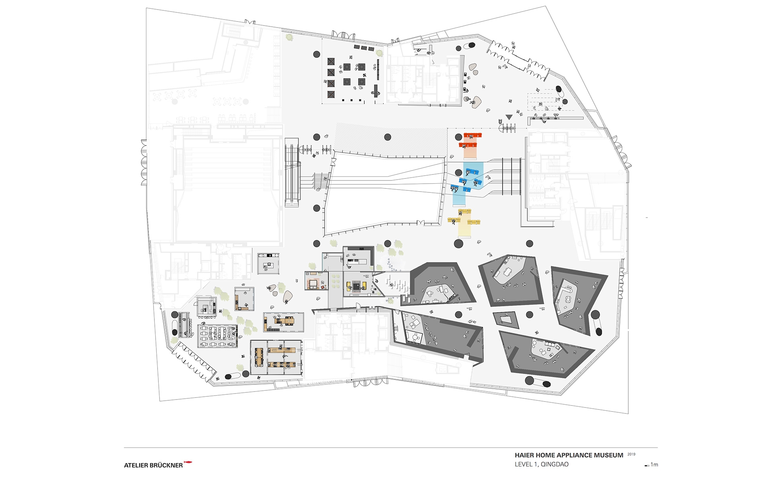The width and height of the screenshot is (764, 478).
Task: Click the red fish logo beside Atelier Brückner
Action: [x=188, y=462]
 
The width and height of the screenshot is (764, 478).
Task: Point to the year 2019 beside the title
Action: [x=631, y=454]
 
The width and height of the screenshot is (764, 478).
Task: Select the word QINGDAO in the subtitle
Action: [x=555, y=464]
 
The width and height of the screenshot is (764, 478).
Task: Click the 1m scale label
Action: [x=655, y=465]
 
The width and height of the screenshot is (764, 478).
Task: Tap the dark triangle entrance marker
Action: [x=509, y=117]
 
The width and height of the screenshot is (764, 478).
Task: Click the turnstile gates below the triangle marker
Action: [x=508, y=128]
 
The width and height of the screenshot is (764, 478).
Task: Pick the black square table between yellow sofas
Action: [x=357, y=286]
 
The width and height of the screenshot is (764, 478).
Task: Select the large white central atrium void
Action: [x=384, y=193]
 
